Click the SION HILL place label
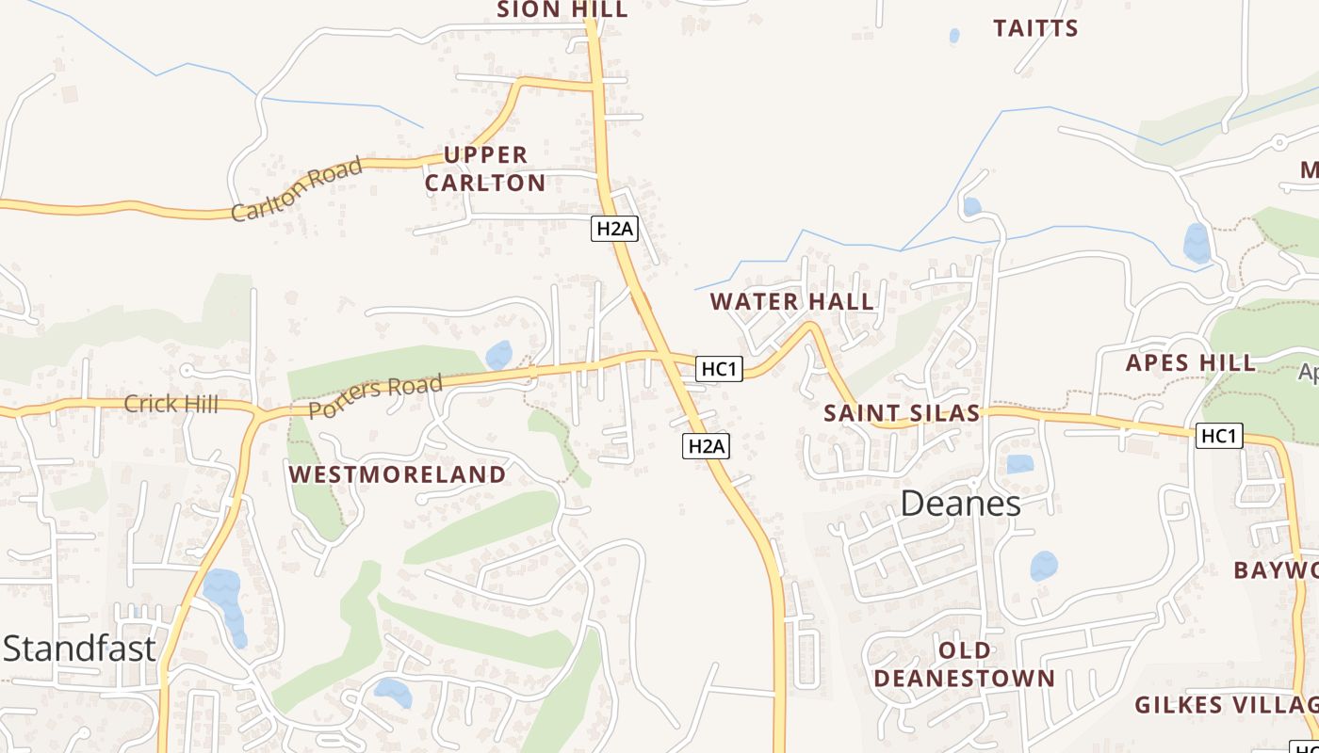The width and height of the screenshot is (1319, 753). (x=562, y=9)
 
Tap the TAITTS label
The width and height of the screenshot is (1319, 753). (x=1035, y=28)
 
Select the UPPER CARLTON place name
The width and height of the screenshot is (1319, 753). (x=485, y=168)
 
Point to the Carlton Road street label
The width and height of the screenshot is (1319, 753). (x=297, y=189)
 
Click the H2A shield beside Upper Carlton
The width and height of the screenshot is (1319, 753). (x=614, y=228)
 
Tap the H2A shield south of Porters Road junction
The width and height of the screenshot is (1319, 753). (x=706, y=446)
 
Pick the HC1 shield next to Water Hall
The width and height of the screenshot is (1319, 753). (x=719, y=369)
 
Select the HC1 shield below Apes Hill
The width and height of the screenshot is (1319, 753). (x=1219, y=436)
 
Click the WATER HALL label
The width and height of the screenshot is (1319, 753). (x=791, y=302)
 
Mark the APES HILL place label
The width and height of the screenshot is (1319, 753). (x=1191, y=362)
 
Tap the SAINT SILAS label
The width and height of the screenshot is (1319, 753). (x=902, y=413)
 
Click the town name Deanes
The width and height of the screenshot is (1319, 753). (x=960, y=504)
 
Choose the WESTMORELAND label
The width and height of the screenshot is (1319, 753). (x=398, y=474)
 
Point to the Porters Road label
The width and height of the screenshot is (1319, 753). (x=375, y=396)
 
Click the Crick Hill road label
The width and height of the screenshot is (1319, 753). (x=171, y=405)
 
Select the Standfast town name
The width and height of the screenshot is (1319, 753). (x=79, y=649)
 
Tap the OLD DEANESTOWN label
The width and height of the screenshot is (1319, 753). (x=964, y=665)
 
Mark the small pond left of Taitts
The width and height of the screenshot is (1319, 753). (x=954, y=36)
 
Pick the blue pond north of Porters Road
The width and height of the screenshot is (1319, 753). (x=498, y=355)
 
